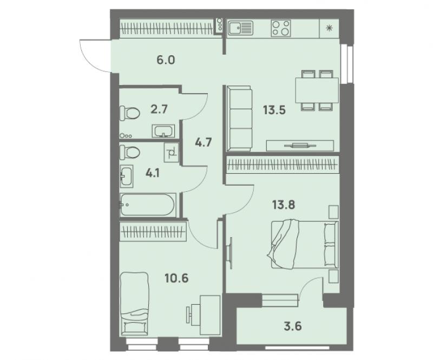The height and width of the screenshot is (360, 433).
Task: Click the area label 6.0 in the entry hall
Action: click(166, 60)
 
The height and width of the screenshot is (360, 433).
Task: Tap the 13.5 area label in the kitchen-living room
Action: click(274, 110)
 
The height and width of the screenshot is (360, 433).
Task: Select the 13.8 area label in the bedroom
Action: click(284, 205)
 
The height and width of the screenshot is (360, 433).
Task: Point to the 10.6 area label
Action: click(176, 278)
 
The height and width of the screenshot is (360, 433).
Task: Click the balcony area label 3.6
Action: click(293, 326)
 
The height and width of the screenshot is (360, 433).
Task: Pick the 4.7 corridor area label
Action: click(204, 142)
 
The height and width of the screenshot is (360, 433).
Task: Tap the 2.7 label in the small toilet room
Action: click(159, 109)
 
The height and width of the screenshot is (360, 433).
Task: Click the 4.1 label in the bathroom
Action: click(153, 174)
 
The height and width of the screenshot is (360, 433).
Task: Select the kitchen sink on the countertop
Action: click(240, 28)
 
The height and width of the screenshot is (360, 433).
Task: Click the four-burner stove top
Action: click(281, 28)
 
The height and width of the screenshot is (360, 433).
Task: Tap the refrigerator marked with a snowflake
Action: click(329, 28)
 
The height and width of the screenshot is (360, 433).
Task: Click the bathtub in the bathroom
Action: click(147, 205)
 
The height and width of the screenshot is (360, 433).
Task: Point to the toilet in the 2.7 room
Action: click(129, 113)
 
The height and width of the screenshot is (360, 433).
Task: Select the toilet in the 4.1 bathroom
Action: click(129, 152)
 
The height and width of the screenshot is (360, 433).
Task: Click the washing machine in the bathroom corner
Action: click(171, 152)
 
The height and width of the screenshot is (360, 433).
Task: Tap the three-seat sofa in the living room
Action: click(239, 119)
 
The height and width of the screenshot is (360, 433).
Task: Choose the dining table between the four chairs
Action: click(317, 90)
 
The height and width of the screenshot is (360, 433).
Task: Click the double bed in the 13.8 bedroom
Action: click(303, 244)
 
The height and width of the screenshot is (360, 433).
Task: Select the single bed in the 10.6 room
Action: click(134, 304)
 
